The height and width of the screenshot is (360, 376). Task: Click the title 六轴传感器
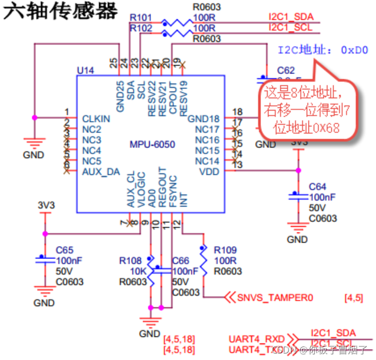(60, 12)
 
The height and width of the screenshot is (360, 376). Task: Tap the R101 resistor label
(140, 17)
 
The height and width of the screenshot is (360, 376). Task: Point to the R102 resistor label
(140, 28)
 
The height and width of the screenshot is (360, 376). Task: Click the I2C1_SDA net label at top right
(290, 17)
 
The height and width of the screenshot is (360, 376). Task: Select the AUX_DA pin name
(100, 171)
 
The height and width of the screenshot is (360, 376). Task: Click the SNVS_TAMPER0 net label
(272, 298)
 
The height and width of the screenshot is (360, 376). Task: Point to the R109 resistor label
(226, 250)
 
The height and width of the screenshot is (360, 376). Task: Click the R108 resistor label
(130, 261)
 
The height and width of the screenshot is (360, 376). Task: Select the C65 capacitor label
(65, 250)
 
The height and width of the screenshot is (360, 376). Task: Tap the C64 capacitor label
(317, 187)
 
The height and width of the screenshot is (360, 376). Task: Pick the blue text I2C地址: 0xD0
(323, 51)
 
